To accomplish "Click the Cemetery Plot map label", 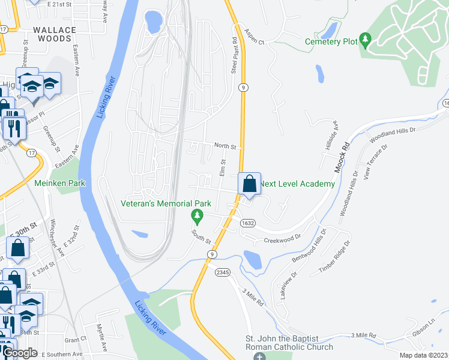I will click(x=331, y=41).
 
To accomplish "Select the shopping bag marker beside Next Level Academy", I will click(x=249, y=184).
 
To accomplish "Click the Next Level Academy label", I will click(x=297, y=184).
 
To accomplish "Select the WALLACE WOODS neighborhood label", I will click(x=55, y=34).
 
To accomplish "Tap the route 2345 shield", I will click(x=223, y=272).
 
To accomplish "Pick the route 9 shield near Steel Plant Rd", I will click(x=243, y=88).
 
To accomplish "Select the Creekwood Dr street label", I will click(x=281, y=241).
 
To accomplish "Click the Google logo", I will click(x=20, y=353).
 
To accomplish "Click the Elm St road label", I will click(x=223, y=167).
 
